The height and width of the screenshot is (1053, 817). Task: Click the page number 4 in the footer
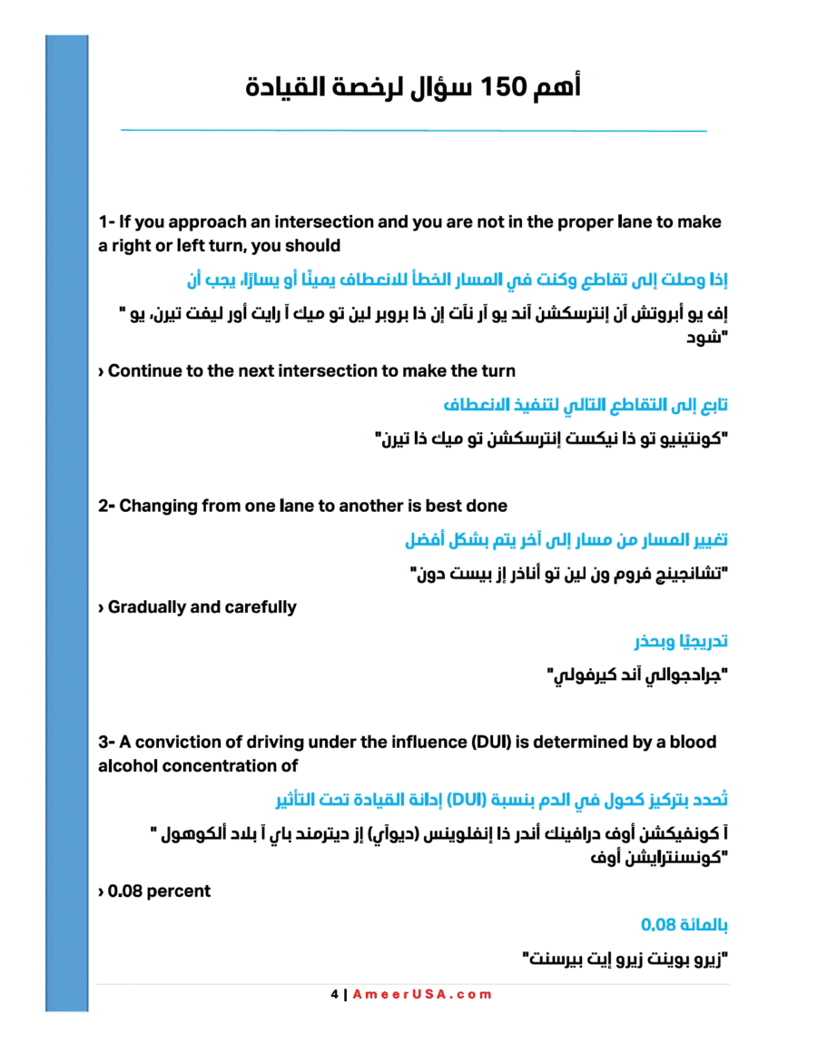(x=333, y=994)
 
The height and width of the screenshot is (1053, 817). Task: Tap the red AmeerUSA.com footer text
(x=422, y=994)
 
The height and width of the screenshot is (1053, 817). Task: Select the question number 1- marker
(x=106, y=222)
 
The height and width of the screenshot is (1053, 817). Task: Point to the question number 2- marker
(x=108, y=506)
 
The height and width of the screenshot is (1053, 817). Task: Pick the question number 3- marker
(x=108, y=743)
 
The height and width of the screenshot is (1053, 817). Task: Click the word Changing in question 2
(x=158, y=506)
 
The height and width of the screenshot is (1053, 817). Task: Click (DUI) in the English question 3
(x=491, y=743)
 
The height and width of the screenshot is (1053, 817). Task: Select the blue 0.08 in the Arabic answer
(x=659, y=925)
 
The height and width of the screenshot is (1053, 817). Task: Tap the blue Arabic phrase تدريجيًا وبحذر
(x=681, y=642)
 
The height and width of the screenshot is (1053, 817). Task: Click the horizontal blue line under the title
(x=413, y=131)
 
